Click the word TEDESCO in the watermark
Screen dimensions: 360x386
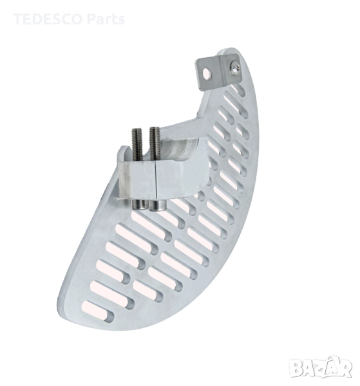click(x=48, y=19)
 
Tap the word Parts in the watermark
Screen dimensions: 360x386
click(x=106, y=19)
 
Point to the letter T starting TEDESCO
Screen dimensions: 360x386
click(x=18, y=19)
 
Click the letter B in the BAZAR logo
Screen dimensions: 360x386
click(x=296, y=368)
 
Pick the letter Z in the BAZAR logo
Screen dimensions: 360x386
click(x=319, y=368)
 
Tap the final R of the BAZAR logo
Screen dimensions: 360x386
click(x=345, y=368)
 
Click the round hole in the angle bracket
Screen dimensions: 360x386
click(x=206, y=73)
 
